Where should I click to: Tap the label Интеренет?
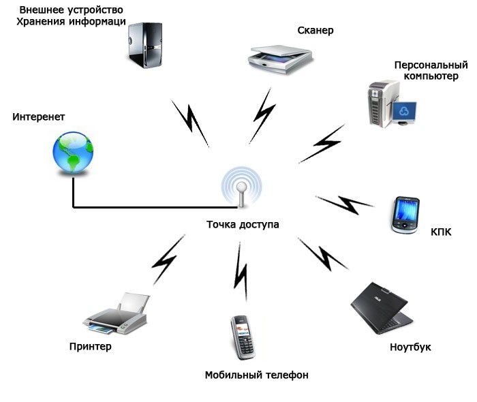39,117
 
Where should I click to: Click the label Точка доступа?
243,225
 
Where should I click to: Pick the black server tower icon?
144,45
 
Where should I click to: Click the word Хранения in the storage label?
41,22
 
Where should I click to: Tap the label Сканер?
316,31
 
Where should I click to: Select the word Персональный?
431,65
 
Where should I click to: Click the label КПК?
442,232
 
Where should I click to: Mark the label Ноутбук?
410,347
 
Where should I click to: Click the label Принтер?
91,347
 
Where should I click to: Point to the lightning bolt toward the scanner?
262,116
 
